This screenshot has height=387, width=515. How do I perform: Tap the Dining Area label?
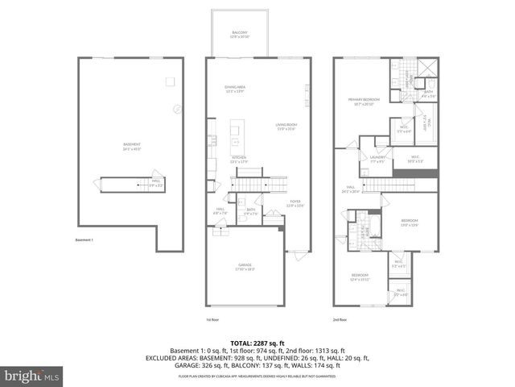[235, 88]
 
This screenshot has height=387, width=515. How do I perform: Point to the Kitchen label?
[239, 158]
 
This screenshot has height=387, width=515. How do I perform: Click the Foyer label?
[295, 204]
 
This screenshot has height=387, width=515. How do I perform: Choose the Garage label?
[245, 267]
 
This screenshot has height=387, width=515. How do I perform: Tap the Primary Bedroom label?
[364, 102]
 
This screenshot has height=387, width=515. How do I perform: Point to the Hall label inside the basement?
[156, 184]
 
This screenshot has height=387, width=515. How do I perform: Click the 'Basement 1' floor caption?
[84, 239]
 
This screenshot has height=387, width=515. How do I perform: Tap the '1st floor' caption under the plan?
[212, 318]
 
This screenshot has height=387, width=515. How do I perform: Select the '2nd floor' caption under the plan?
[341, 318]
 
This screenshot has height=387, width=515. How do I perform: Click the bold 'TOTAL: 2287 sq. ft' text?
[257, 343]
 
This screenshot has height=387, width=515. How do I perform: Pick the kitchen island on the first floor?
[237, 129]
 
